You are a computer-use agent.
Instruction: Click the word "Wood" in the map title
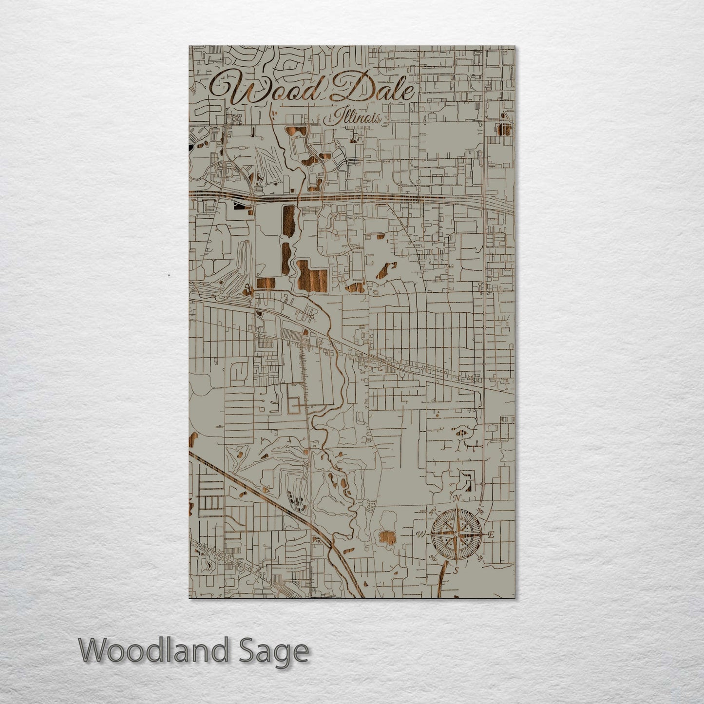(x=266, y=89)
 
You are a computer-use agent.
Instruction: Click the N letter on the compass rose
(x=457, y=498)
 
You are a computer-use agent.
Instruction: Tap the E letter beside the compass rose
(x=491, y=535)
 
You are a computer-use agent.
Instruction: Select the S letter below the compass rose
(x=456, y=570)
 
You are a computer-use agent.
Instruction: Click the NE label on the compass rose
(x=480, y=511)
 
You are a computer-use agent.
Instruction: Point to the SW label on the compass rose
(x=432, y=558)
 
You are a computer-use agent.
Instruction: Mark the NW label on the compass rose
(x=432, y=511)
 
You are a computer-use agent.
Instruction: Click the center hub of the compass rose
(x=456, y=534)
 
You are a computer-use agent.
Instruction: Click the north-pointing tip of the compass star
(x=457, y=507)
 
